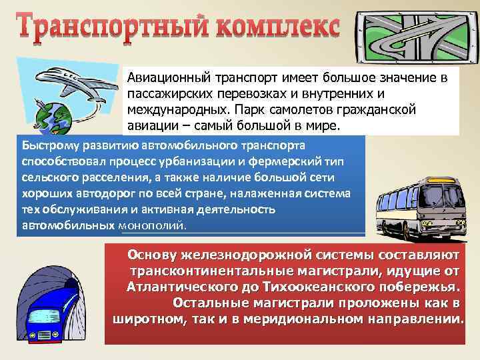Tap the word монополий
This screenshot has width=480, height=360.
[x=153, y=226]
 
